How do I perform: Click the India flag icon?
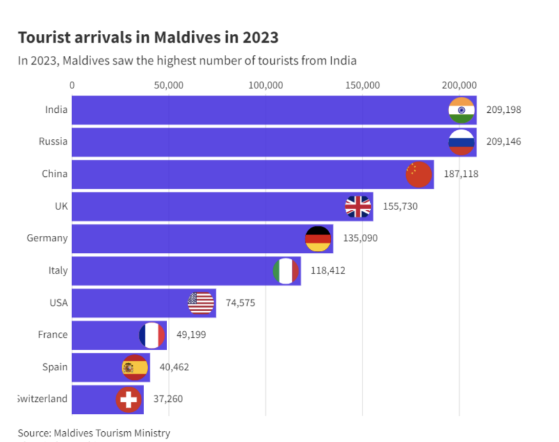pos(461,110)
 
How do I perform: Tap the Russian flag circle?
pos(461,142)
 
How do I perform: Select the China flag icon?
pos(418,174)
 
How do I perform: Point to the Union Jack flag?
pos(358,207)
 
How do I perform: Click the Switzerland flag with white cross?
pos(128,399)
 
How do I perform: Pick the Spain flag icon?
pos(134,367)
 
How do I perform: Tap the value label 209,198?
pos(504,110)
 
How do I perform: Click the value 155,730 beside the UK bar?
pos(400,207)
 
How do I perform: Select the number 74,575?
pos(240,303)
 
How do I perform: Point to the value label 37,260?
pos(168,399)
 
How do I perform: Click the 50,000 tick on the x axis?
pos(169,85)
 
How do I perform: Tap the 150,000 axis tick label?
pos(363,85)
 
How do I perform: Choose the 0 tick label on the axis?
pos(72,85)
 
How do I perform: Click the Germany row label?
pos(47,238)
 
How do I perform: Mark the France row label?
pos(52,335)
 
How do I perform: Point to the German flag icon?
pos(318,238)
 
